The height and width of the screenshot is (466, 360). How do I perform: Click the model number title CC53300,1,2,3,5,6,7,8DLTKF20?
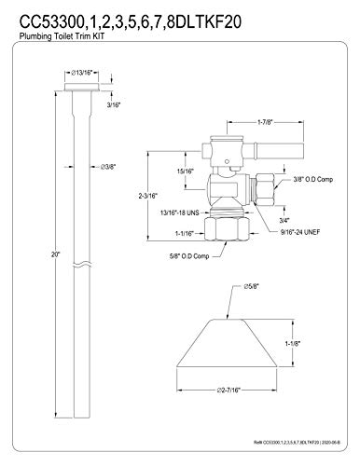(x=131, y=22)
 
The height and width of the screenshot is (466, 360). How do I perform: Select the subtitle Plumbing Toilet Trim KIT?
(x=62, y=36)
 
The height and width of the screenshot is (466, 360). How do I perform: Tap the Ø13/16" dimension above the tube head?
(x=82, y=73)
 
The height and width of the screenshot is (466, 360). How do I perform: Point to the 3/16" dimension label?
(x=114, y=105)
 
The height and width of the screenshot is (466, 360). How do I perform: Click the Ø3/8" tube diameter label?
(x=108, y=167)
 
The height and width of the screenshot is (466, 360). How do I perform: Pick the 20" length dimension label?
(x=55, y=254)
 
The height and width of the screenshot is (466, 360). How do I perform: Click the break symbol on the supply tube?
(x=83, y=265)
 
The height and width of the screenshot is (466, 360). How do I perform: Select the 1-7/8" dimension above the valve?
(x=265, y=122)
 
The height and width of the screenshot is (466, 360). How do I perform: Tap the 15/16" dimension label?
(x=186, y=171)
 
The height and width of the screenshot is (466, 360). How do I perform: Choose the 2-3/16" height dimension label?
(x=148, y=196)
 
